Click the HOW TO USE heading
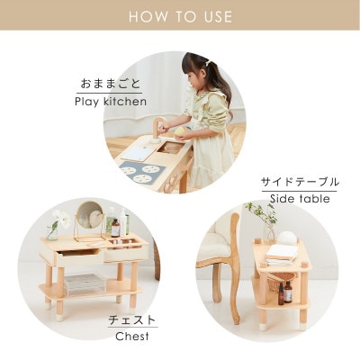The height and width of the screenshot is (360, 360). click(x=180, y=17)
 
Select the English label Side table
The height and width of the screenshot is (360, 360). click(x=299, y=198)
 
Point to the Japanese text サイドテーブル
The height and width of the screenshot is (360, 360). click(x=300, y=181)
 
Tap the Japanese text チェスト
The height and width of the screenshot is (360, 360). click(x=132, y=320)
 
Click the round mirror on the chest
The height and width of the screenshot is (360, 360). click(x=87, y=215)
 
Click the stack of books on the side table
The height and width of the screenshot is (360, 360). click(x=283, y=253)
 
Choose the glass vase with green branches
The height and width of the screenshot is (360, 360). click(x=265, y=220)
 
